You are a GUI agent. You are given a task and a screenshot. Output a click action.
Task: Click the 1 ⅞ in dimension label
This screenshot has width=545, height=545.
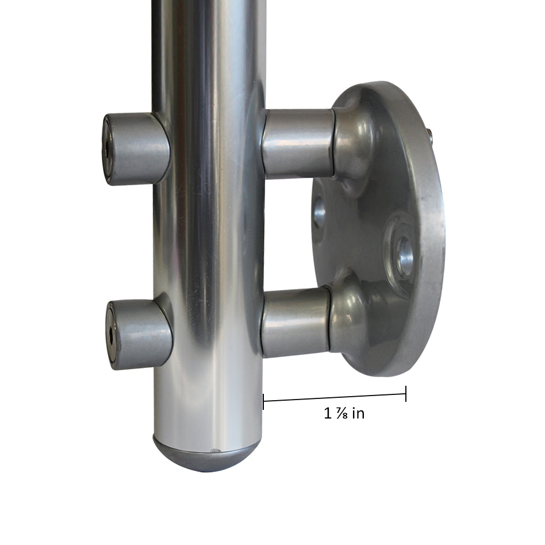(344, 413)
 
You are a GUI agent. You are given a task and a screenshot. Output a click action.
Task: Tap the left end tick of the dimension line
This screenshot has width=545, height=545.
(263, 401)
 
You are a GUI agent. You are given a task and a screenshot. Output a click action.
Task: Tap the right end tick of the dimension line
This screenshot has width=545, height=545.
(406, 393)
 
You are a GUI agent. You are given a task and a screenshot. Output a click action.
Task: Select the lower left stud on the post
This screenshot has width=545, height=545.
(139, 334)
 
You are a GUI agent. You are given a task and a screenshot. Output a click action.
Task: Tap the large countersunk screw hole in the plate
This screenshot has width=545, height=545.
(404, 255)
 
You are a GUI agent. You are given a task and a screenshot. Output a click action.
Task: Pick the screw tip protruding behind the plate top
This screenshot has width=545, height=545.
(429, 133)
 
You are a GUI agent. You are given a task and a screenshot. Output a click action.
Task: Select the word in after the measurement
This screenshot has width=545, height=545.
(358, 413)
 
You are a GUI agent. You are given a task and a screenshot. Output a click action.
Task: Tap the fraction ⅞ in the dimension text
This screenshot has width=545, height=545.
(340, 413)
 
